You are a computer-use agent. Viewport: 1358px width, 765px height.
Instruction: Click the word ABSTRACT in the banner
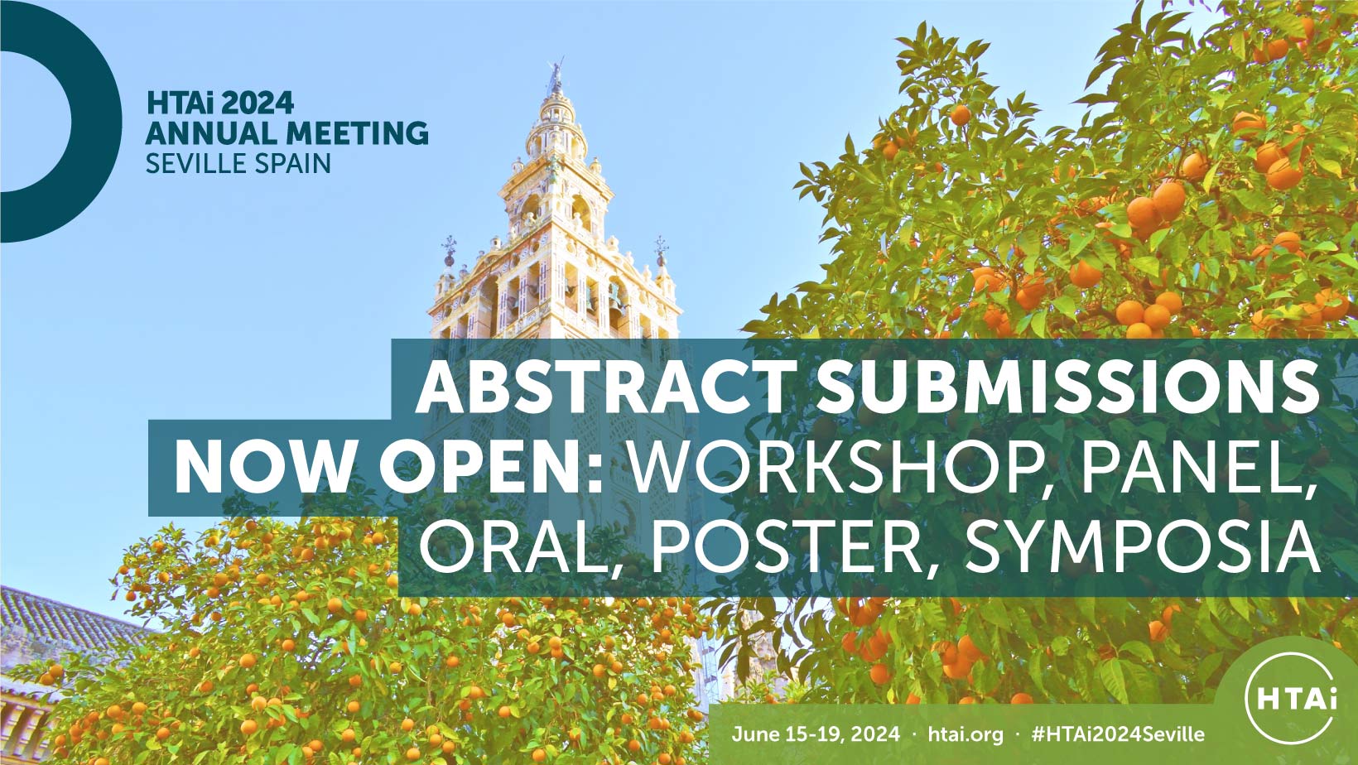(605, 386)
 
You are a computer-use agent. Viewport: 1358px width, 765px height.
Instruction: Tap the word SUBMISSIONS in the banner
(1068, 386)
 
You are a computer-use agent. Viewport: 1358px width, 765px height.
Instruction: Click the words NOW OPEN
(388, 469)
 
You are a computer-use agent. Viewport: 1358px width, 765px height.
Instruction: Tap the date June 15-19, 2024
(816, 734)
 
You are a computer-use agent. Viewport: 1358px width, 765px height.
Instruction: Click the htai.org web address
(966, 734)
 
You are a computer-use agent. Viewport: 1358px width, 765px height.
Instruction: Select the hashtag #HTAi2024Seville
(1118, 734)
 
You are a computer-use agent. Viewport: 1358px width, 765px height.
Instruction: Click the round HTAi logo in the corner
(1291, 698)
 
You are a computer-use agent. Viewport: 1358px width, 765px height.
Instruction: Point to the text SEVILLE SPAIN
(238, 164)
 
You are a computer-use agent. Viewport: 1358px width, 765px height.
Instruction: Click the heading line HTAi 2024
(220, 103)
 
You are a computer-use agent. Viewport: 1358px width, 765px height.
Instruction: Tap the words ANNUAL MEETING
(287, 132)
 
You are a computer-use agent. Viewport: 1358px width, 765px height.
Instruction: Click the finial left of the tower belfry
(450, 250)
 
